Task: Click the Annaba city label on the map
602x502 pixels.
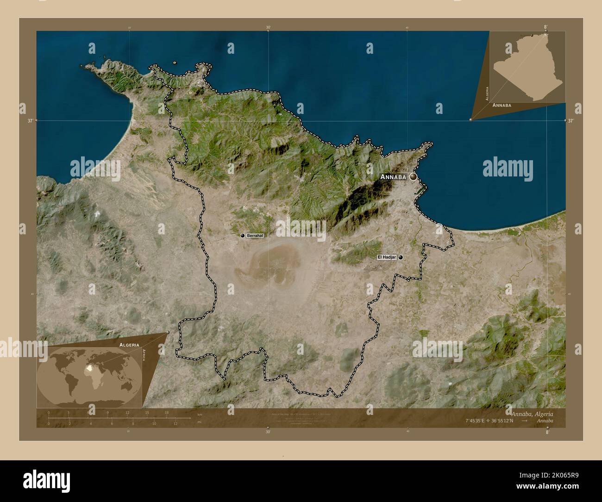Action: click(x=393, y=177)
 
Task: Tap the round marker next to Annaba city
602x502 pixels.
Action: click(x=413, y=176)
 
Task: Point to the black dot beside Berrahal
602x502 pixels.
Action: click(x=242, y=236)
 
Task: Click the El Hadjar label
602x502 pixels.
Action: click(x=387, y=257)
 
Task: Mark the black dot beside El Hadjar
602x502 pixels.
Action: click(x=401, y=257)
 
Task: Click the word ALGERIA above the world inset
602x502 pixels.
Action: click(x=129, y=345)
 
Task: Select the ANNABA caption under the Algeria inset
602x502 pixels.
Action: click(x=502, y=106)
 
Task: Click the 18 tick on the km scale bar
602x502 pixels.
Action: click(x=166, y=413)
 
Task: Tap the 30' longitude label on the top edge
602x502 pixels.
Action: click(x=268, y=27)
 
